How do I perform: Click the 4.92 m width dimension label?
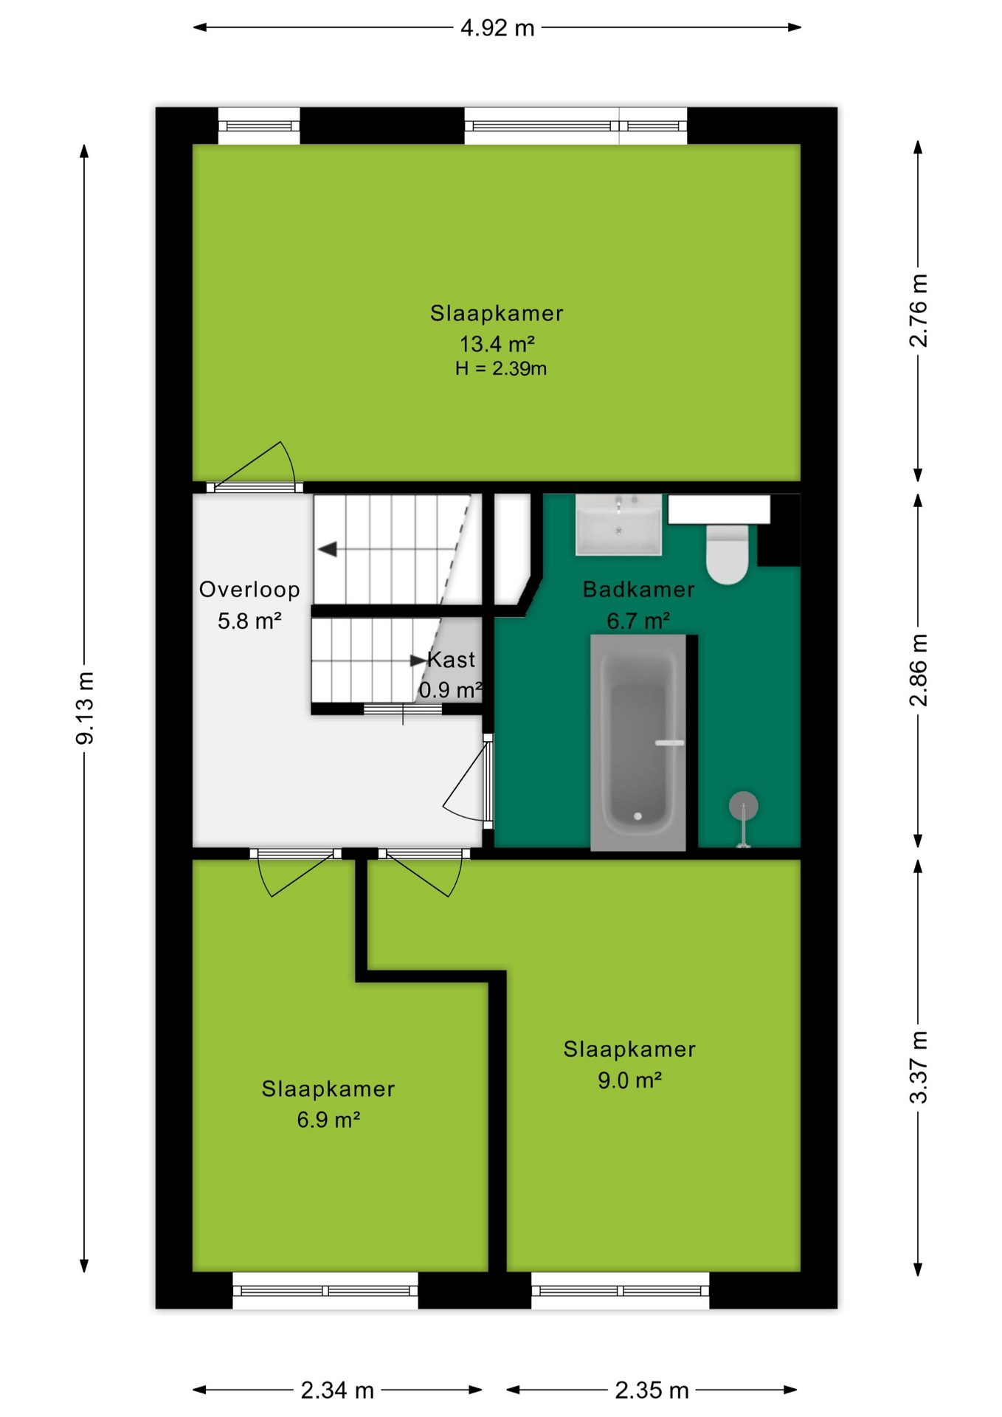pos(497,28)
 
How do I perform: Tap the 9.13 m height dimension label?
pos(85,708)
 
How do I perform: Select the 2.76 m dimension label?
pos(918,311)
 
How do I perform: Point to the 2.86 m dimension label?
pos(918,670)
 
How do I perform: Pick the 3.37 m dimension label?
pos(918,1067)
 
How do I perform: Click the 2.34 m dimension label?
pos(337,1390)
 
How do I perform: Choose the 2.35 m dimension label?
pos(652,1390)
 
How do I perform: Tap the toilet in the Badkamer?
pos(728,554)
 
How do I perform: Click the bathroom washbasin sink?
pos(618,525)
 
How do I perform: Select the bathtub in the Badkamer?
pos(639,742)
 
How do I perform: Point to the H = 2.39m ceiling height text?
pos(501,368)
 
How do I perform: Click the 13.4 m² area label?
pos(497,343)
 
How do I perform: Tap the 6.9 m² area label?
pos(328,1120)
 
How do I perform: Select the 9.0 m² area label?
pos(629,1080)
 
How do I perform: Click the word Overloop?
pos(249,590)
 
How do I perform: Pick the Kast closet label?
pos(452,660)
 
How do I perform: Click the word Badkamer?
pos(639,590)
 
